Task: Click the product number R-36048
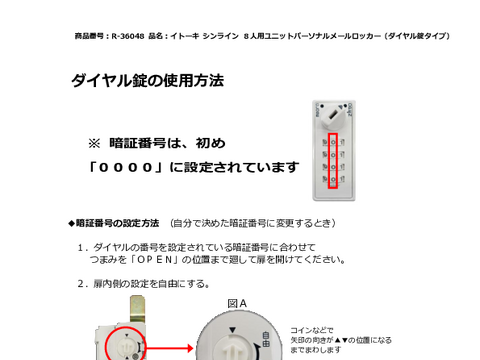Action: click(128, 36)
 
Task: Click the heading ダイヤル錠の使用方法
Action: click(147, 81)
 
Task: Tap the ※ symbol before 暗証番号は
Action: click(94, 144)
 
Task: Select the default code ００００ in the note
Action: click(126, 167)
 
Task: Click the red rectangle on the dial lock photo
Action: click(333, 161)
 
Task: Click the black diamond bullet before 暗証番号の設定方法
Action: click(72, 223)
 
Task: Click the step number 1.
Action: click(81, 248)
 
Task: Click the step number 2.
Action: click(82, 284)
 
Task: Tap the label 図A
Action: click(237, 304)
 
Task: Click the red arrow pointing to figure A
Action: click(170, 348)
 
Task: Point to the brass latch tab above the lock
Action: click(137, 308)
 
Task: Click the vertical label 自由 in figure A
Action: click(266, 339)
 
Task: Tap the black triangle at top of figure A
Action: click(233, 330)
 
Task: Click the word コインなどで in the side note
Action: click(312, 330)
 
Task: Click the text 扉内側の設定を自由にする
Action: click(149, 284)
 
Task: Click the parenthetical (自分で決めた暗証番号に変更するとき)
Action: click(253, 223)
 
